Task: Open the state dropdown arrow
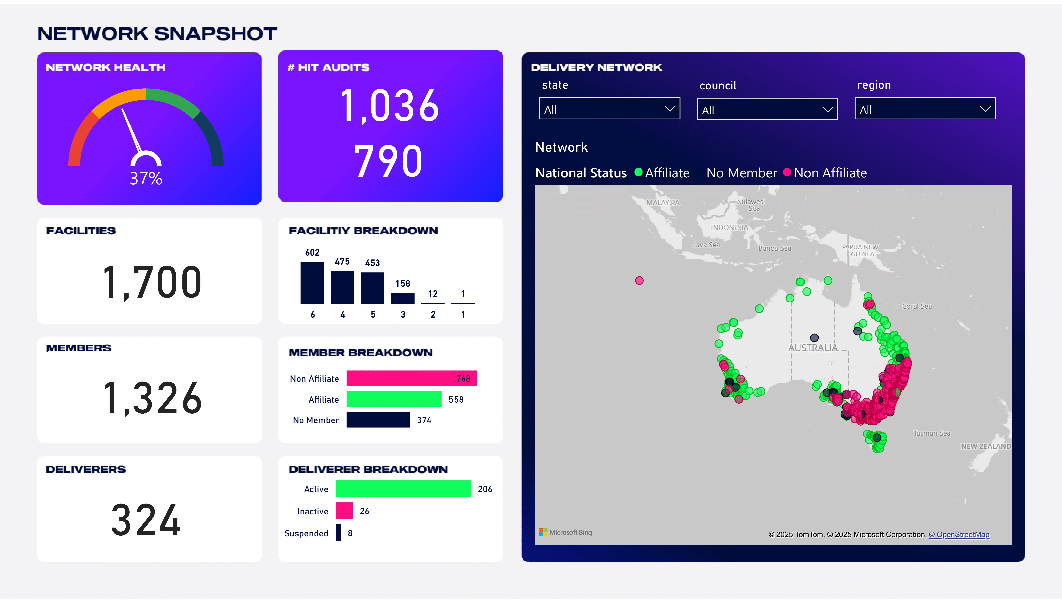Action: (x=669, y=109)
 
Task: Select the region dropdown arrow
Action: (x=985, y=109)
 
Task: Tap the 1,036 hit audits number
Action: (x=389, y=106)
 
